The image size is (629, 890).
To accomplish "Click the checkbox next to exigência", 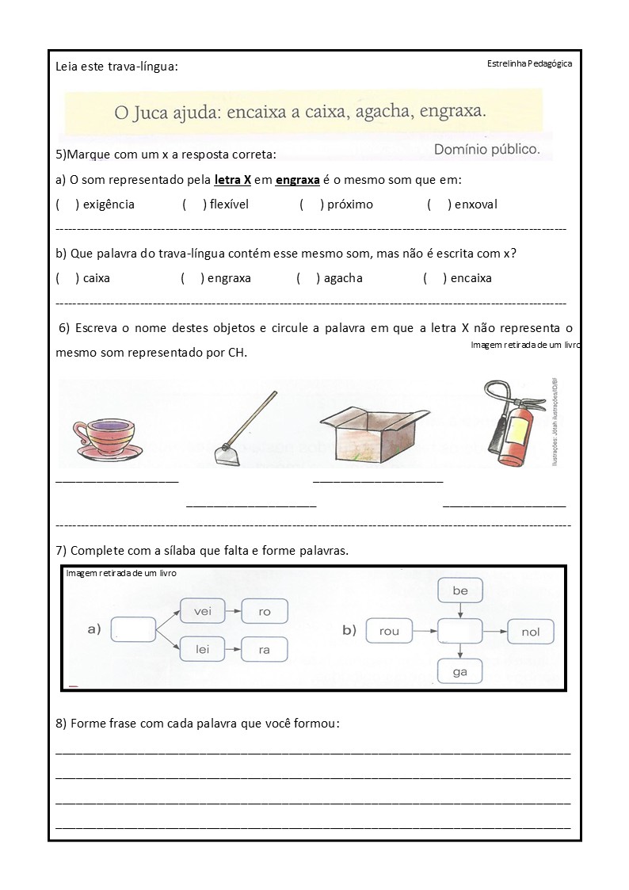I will coord(67,204).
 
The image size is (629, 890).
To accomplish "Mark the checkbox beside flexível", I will coord(193,204).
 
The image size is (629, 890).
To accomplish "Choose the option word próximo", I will coord(350,204).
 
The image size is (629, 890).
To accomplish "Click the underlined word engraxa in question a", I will coord(297,180).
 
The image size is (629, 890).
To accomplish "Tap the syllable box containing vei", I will coord(203,611).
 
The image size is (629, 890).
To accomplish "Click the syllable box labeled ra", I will coord(264,650).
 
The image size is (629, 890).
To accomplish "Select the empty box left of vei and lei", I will coord(134,630).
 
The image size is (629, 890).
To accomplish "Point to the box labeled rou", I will coord(390,632).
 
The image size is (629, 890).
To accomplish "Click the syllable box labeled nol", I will coord(530,632).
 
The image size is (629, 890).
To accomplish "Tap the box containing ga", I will coord(460,671).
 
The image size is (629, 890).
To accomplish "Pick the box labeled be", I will coord(460,591).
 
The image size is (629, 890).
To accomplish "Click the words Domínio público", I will coord(486,148).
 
